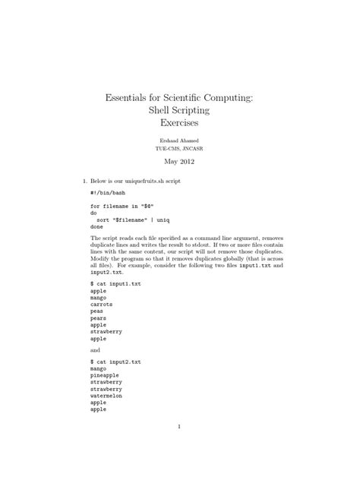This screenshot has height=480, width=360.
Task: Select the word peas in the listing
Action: pos(97,311)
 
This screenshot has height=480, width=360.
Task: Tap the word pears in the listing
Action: pos(99,317)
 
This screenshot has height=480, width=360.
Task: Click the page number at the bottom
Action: pos(179,426)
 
